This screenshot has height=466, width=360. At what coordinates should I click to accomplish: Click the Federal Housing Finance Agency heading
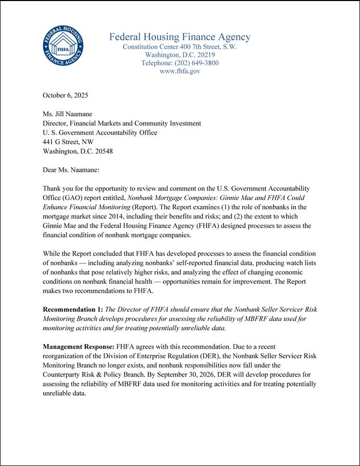pos(179,37)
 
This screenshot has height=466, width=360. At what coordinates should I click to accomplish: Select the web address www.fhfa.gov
pos(179,71)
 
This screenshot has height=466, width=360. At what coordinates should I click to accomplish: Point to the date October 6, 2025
pos(65,95)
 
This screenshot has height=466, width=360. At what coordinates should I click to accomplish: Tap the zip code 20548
pos(103,152)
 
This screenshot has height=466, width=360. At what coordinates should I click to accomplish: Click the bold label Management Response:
pos(79,346)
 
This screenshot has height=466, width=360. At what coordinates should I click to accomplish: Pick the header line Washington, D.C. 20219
pos(179,55)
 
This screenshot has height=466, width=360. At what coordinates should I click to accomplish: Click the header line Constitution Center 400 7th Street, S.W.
pos(179,47)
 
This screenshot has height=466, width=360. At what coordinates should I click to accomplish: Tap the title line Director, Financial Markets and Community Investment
pos(121,123)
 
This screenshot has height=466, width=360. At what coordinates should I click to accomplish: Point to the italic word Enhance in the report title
pos(56,207)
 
